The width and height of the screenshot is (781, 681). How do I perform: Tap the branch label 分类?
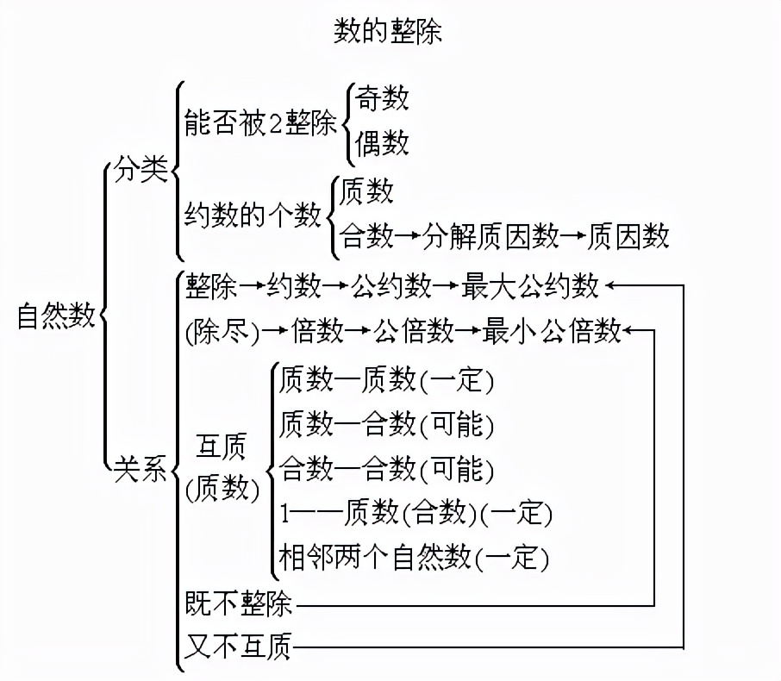[140, 171]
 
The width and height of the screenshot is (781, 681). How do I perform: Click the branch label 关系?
[140, 471]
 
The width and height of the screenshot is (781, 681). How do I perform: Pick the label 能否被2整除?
[260, 125]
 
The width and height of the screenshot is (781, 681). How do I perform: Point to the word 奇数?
[382, 98]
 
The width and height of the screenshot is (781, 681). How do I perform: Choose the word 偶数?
[382, 143]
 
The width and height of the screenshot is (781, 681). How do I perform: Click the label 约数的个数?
[253, 214]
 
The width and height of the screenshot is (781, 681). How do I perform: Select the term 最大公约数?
[529, 285]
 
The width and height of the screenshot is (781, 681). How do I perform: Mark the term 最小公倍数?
[552, 330]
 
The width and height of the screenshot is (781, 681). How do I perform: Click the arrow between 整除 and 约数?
[252, 285]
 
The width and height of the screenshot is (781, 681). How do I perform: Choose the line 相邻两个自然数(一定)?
[414, 559]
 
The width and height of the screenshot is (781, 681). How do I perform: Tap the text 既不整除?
[239, 604]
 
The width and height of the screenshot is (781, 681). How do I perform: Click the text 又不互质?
[239, 646]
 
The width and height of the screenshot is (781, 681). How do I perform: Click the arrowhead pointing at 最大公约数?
[611, 285]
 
